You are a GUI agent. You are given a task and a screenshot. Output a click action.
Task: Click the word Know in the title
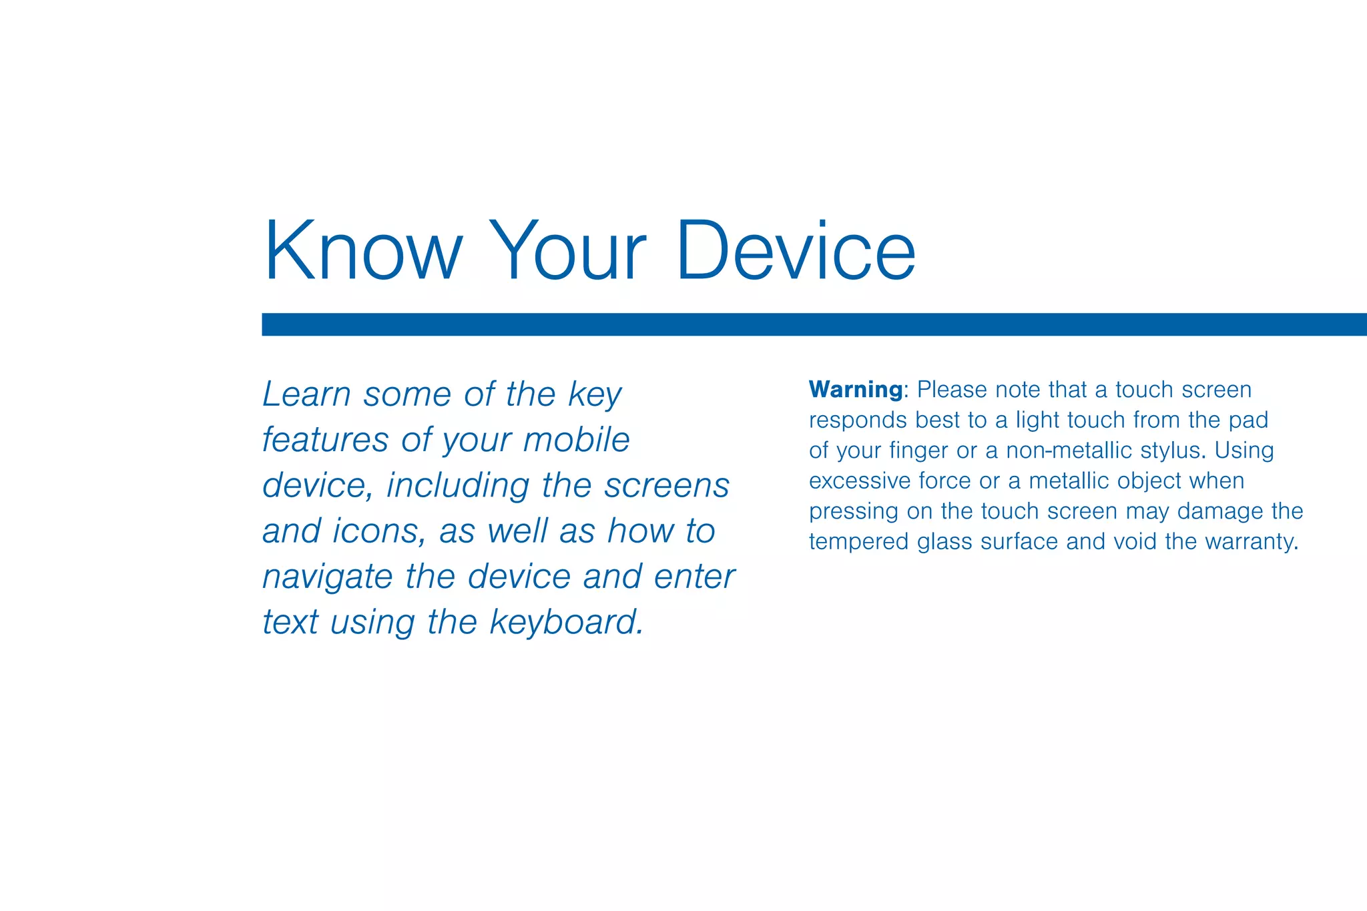[363, 250]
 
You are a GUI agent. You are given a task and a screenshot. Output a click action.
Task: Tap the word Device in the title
[795, 250]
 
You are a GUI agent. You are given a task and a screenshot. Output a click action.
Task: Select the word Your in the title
[568, 250]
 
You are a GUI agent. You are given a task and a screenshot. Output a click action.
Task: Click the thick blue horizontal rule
[814, 324]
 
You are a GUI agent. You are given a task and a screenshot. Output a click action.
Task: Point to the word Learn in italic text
[306, 394]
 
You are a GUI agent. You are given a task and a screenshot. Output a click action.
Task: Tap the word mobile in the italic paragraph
[577, 440]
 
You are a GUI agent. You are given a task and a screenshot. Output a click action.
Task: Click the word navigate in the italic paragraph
[327, 577]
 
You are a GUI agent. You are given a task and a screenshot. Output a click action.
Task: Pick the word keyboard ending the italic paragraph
[567, 623]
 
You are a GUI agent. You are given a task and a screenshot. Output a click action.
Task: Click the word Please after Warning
[952, 389]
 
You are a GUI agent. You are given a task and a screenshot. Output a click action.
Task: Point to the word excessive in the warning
[860, 481]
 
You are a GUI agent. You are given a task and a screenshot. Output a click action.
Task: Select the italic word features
[325, 440]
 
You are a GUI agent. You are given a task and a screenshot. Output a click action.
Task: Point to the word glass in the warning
[944, 542]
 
